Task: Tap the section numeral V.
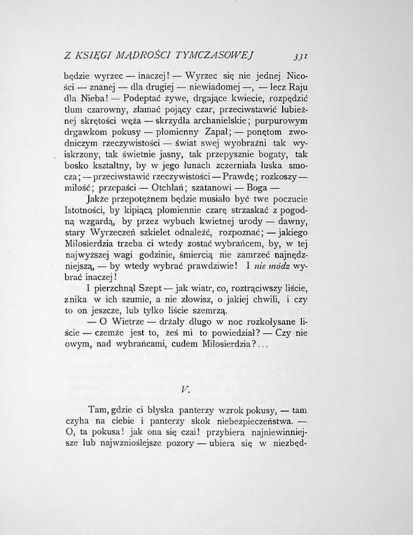[x=184, y=390]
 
